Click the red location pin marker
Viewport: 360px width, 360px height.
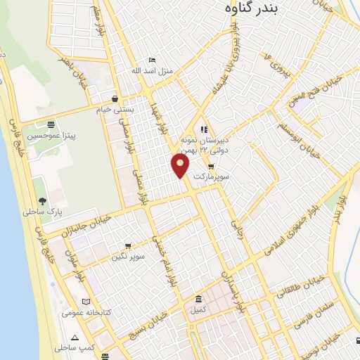(180, 165)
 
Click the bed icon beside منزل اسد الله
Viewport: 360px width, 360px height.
(150, 60)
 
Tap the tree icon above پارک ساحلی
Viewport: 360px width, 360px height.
(41, 200)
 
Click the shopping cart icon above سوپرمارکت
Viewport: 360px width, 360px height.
(211, 166)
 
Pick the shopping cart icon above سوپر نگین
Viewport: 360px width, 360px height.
(128, 246)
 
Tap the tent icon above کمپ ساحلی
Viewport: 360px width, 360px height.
(75, 337)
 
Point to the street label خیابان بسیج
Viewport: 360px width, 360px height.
(150, 323)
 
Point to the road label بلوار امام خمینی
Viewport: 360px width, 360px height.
(163, 259)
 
